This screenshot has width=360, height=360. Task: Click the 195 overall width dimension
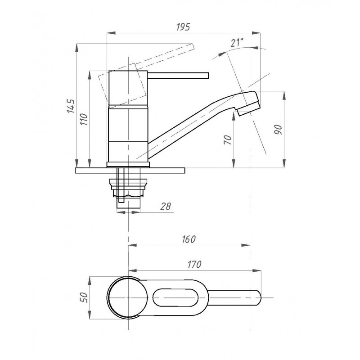[x=183, y=27]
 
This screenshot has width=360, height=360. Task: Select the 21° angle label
[x=237, y=43]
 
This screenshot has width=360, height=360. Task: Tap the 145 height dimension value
[x=71, y=106]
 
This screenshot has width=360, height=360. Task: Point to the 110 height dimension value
[x=84, y=119]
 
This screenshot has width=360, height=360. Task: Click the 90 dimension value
[x=278, y=130]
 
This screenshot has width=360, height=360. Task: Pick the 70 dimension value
[x=227, y=140]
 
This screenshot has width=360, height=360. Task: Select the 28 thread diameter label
[x=166, y=207]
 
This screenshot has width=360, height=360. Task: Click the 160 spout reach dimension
[x=189, y=239]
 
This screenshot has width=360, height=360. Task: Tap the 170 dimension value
[x=194, y=265]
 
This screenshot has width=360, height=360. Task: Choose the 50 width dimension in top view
[x=84, y=297]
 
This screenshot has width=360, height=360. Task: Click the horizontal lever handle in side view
[x=178, y=76]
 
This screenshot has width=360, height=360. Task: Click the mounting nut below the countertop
[x=128, y=188]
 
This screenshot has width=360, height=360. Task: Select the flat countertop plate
[x=130, y=171]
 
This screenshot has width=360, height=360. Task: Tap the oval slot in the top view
[x=175, y=297]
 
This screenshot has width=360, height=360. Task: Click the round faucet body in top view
[x=128, y=297]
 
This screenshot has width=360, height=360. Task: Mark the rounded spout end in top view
[x=257, y=298]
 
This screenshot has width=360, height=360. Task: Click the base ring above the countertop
[x=128, y=165]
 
